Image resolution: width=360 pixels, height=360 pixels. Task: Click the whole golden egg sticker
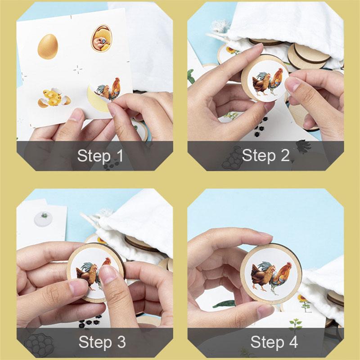[48, 47]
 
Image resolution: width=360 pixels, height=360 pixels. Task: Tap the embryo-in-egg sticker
[101, 39]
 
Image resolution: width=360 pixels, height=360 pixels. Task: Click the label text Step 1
[100, 156]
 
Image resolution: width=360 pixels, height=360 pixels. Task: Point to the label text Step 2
[265, 155]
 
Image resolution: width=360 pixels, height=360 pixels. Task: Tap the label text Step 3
[102, 342]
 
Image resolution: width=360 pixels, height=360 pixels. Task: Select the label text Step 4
[274, 342]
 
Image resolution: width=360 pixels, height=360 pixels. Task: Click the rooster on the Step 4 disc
[280, 278]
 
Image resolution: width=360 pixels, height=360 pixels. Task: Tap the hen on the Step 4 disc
[262, 275]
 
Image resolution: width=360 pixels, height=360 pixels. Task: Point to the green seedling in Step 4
[296, 324]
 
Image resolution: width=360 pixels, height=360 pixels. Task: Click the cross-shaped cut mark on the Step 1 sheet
[78, 69]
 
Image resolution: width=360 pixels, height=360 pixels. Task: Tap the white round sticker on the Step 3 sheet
[43, 219]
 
